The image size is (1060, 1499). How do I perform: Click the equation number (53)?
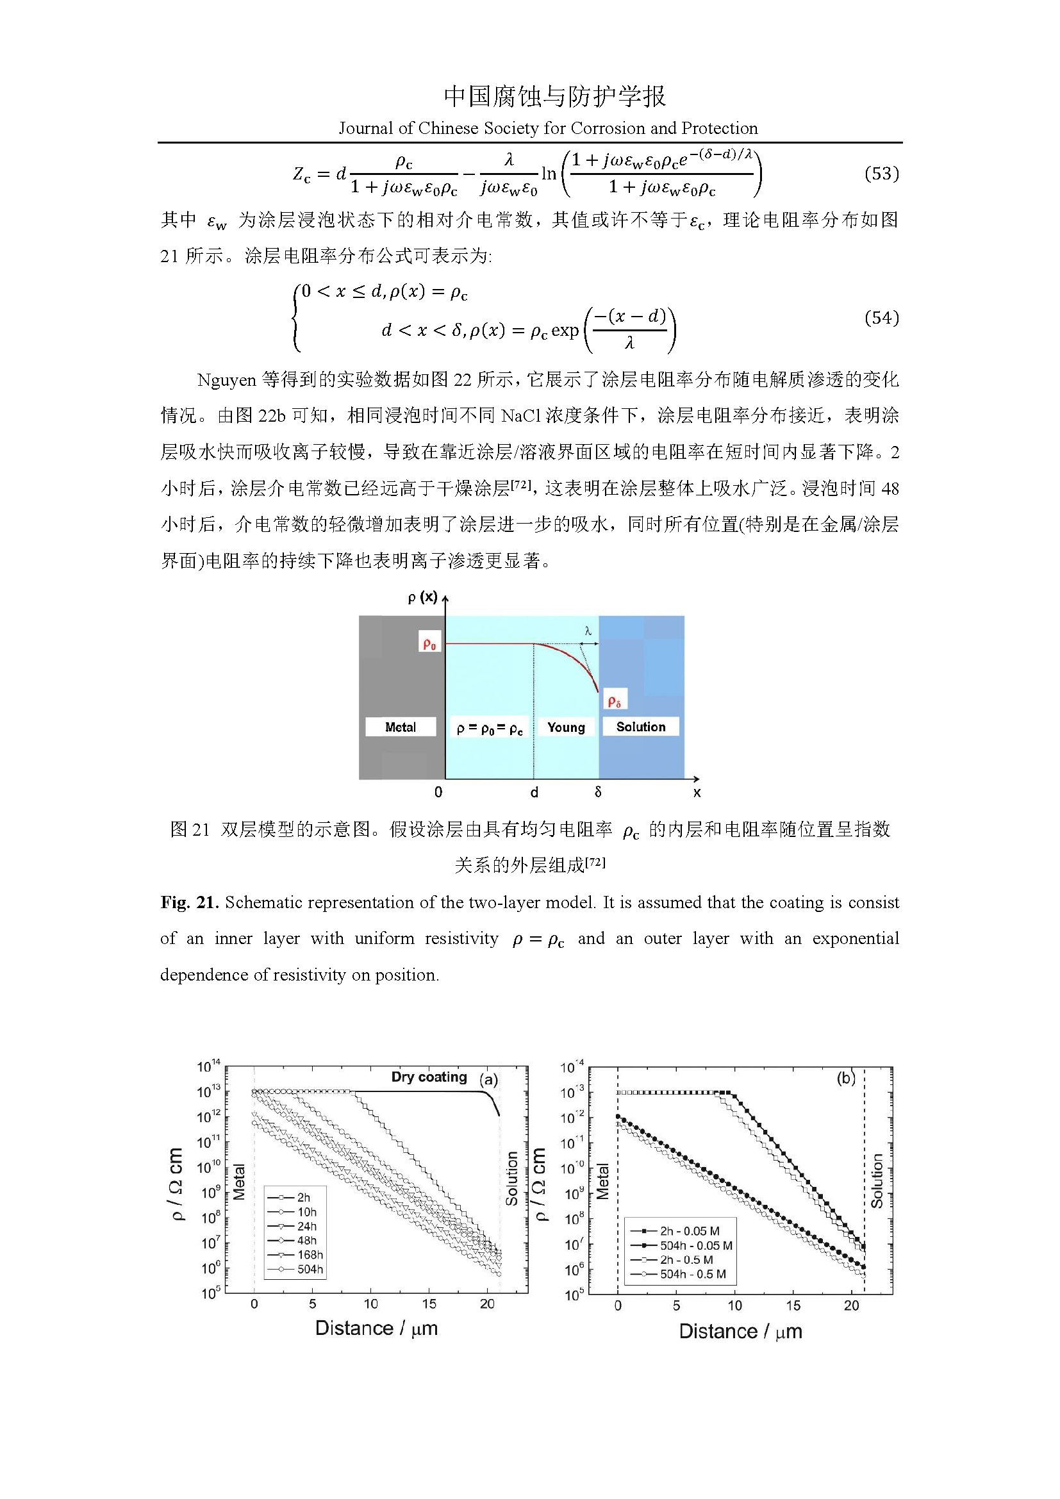tap(881, 174)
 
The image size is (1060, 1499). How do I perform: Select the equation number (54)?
tap(881, 318)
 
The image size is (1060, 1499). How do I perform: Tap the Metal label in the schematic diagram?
tap(400, 727)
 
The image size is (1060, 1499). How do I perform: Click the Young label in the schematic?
tap(565, 727)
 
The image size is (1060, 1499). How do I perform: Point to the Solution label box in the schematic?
tap(640, 727)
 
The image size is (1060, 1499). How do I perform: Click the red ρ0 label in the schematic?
tap(429, 643)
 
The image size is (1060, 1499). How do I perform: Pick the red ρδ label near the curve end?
tap(614, 700)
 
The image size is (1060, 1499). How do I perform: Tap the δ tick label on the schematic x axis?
tap(598, 792)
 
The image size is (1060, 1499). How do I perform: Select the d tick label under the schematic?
tap(534, 793)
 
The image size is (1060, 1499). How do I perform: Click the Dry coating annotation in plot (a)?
tap(429, 1077)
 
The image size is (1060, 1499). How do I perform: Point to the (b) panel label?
tap(846, 1078)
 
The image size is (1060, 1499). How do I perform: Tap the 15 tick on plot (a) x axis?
tap(429, 1304)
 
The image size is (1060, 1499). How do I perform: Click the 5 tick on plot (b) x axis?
tap(676, 1305)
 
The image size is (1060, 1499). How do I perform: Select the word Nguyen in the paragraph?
tap(226, 380)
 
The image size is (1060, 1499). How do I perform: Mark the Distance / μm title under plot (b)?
tap(740, 1332)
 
